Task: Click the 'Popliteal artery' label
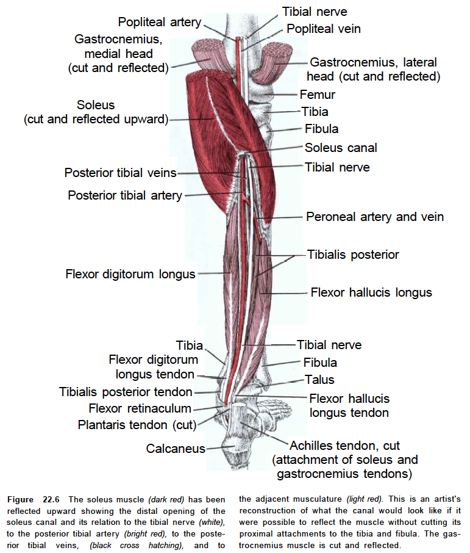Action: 159,22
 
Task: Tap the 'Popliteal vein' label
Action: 324,29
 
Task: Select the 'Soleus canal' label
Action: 341,148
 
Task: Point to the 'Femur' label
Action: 317,95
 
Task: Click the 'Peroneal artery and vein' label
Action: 375,217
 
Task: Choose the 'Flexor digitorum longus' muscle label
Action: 130,274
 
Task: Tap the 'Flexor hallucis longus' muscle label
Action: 371,292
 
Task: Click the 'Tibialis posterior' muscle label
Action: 353,255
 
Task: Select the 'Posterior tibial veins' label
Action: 120,173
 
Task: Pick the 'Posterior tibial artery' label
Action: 125,195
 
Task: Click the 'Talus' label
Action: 319,380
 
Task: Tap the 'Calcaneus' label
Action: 176,449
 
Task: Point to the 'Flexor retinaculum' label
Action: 140,408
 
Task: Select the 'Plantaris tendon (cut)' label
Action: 137,425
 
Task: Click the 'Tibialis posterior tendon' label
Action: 126,392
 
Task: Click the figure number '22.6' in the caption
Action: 51,499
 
